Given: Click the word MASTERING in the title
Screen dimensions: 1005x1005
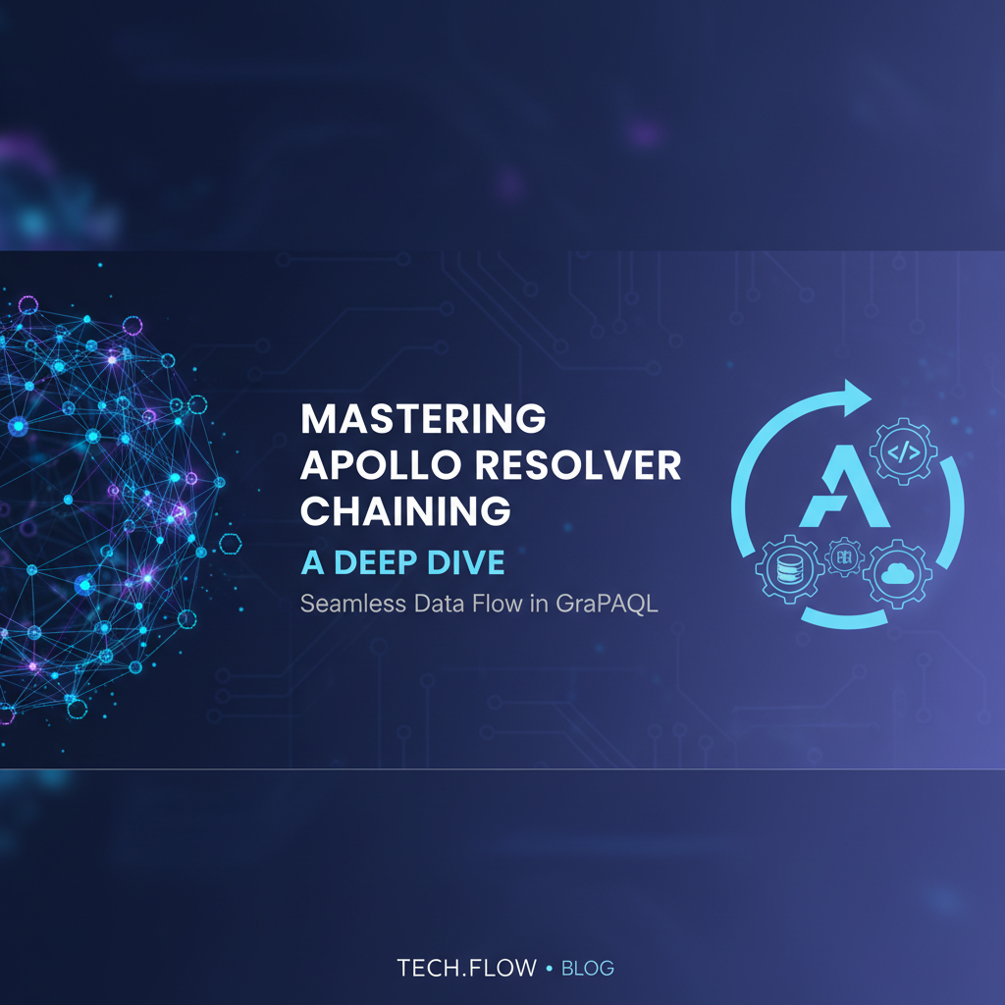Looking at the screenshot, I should coord(423,419).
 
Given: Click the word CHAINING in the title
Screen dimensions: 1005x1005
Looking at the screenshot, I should coord(405,511).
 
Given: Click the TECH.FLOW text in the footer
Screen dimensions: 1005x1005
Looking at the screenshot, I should coord(467,969).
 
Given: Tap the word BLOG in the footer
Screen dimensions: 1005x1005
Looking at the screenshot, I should coord(588,969).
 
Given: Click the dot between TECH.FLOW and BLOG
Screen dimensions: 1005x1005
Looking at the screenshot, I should coord(549,969).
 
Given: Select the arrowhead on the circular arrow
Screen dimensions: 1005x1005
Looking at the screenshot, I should coord(860,396).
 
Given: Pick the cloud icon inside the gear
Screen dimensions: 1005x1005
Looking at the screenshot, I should coord(897,572).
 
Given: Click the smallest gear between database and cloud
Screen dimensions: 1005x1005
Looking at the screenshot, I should coord(843,556).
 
